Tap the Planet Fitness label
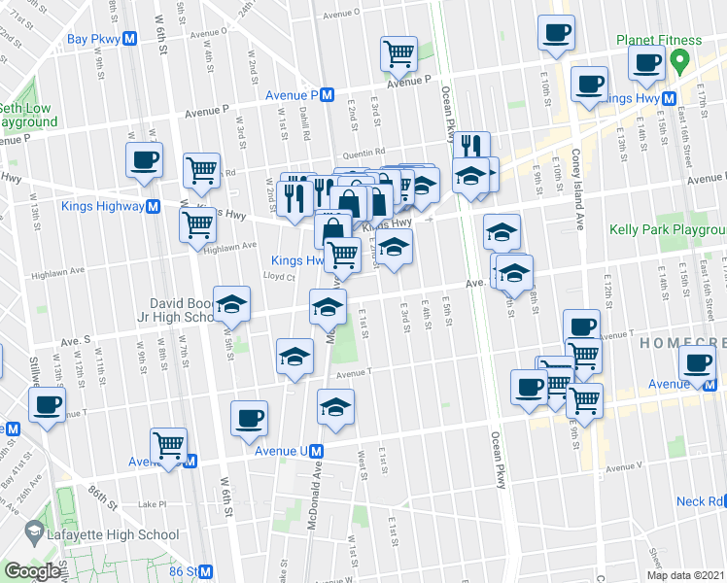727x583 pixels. click(x=658, y=41)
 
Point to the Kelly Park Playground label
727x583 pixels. click(x=667, y=230)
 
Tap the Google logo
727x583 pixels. click(x=31, y=572)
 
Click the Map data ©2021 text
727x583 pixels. click(x=685, y=575)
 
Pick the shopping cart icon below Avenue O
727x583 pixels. click(x=398, y=54)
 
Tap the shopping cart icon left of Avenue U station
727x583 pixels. click(x=169, y=446)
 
